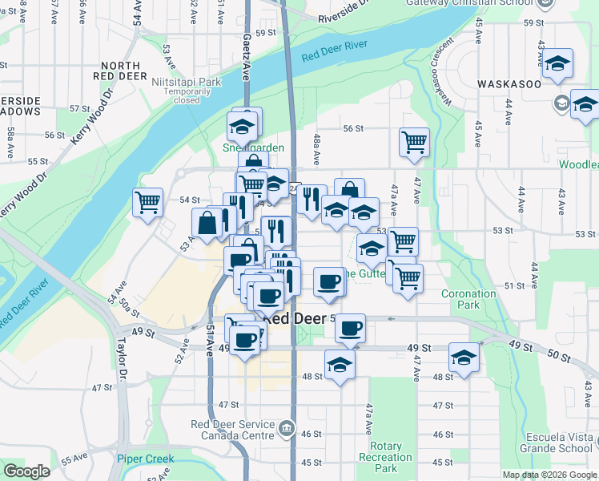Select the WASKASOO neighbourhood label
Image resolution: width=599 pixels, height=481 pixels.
coord(509,83)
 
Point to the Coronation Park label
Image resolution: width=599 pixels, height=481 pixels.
coord(469,299)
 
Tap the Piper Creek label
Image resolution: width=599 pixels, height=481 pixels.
coord(145,459)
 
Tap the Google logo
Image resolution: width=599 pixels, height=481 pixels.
coord(26,471)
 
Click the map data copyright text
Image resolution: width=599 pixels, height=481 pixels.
coord(549,475)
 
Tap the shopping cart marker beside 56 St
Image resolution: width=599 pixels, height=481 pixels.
coord(414,143)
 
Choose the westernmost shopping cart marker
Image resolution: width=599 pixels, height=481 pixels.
coord(148,203)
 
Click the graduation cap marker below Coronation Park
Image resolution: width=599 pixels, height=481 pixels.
coord(464,358)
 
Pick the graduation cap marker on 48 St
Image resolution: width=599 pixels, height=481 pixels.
coord(340,365)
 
